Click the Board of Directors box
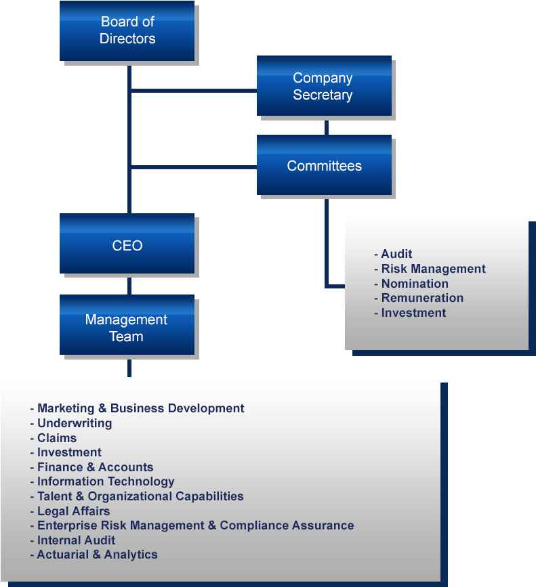tap(127, 31)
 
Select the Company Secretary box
tap(323, 86)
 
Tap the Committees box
tap(324, 166)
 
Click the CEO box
tap(127, 245)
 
